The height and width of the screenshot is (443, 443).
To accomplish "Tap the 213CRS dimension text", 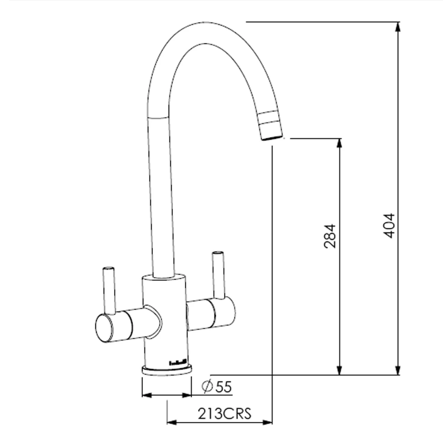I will point(224,413).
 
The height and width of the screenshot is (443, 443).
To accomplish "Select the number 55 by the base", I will point(223,387).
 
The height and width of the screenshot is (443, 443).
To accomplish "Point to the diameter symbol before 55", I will point(208,387).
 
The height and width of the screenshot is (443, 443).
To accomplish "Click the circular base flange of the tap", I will point(167,371).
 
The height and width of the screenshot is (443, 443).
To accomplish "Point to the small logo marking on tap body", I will point(177,362).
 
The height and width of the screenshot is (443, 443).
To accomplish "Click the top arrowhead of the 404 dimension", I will point(398,27).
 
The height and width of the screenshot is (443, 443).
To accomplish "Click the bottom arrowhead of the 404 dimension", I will point(398,371).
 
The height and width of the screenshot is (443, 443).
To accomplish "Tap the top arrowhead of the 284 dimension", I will point(340,143).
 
